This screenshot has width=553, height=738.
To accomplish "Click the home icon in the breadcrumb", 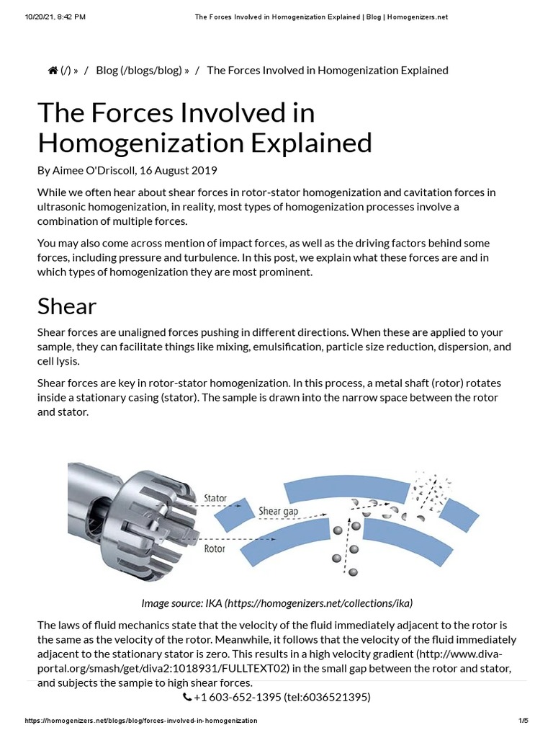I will (53, 70).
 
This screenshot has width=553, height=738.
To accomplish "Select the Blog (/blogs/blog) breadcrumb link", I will (143, 70).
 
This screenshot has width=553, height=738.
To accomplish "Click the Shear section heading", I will (67, 306).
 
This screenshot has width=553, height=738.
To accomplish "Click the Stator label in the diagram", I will (215, 498).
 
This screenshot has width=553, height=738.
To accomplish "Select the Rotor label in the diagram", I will (215, 548).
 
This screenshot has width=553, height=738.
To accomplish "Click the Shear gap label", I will (277, 512).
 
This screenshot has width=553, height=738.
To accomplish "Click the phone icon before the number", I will (187, 697).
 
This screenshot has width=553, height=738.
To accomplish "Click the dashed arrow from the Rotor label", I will (216, 538).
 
